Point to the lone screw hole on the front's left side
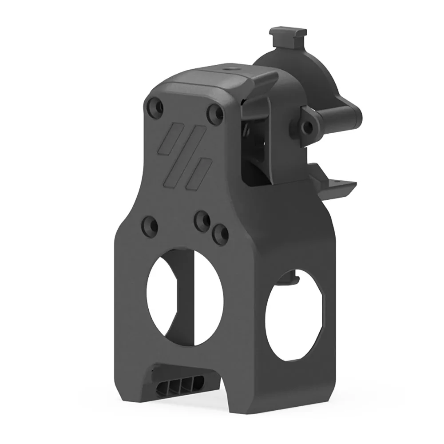pyautogui.click(x=149, y=225)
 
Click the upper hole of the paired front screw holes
pyautogui.click(x=203, y=220)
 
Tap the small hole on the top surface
pyautogui.click(x=231, y=69)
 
